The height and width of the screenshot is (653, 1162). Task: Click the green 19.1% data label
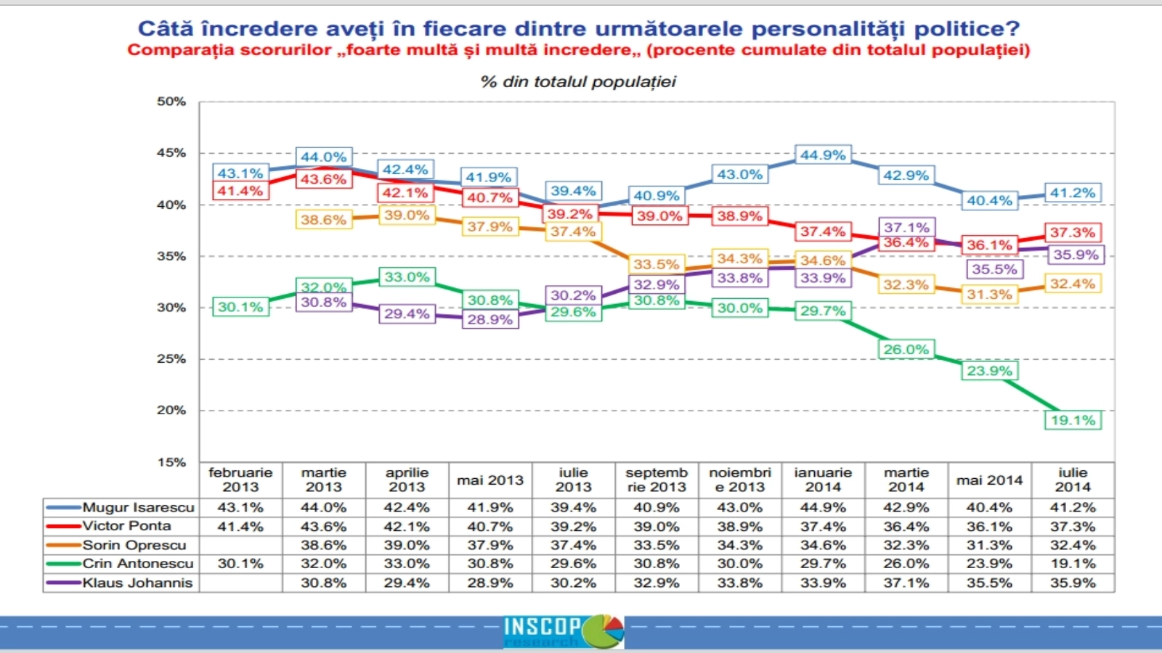coord(1073,420)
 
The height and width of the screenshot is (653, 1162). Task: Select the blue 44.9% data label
coord(823,155)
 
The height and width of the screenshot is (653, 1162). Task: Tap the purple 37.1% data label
coord(906,227)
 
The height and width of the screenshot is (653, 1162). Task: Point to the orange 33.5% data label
coord(656,264)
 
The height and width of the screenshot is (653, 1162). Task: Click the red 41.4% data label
coord(240,191)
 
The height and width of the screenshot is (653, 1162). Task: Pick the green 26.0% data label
coord(906,349)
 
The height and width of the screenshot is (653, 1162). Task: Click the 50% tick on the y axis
coord(171,102)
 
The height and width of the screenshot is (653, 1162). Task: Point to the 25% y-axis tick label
coord(171,358)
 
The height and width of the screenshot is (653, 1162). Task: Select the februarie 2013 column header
coord(240,480)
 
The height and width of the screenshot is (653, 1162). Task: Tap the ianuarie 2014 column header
coord(823,480)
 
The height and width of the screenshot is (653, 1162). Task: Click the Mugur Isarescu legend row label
coord(138,507)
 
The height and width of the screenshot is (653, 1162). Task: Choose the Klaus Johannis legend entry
coord(137,583)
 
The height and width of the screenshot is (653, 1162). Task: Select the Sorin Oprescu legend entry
coord(134,545)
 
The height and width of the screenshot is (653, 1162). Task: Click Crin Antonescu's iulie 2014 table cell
coord(1073,564)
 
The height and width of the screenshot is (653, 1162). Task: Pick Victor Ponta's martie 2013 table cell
coord(323,526)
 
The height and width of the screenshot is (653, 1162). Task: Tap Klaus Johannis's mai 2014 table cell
coord(989,583)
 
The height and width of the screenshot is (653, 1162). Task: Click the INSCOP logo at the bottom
coord(564,631)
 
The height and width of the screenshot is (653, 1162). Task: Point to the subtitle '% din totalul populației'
coord(578,82)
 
